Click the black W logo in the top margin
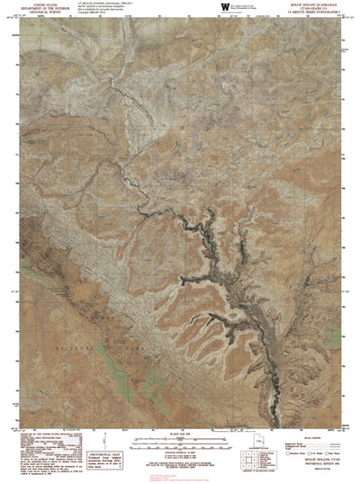click(224, 7)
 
